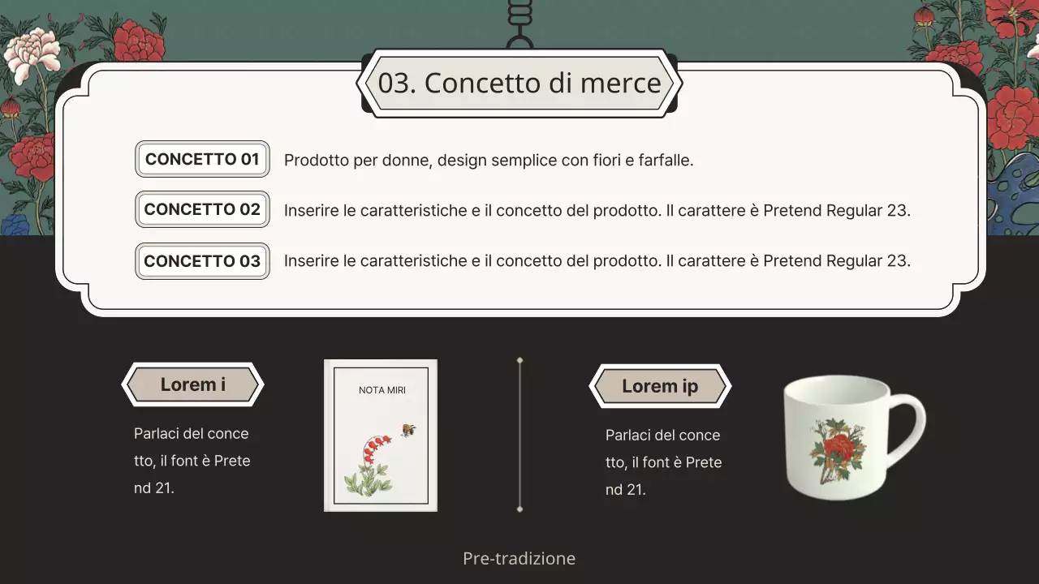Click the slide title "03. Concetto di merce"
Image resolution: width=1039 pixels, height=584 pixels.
tap(519, 83)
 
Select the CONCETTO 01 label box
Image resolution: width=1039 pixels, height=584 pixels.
tap(202, 159)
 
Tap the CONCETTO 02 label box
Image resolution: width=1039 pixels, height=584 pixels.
tap(202, 209)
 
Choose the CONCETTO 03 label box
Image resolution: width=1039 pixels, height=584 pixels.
tap(202, 261)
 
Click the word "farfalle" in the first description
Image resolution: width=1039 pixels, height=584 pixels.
tap(663, 160)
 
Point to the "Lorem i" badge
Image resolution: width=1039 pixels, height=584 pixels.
tap(192, 384)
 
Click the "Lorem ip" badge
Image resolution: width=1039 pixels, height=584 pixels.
tap(659, 386)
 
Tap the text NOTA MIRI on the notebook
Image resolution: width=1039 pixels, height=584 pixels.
tap(382, 390)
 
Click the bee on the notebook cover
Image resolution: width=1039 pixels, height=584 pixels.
tap(408, 430)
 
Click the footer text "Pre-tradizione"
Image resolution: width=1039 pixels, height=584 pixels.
tap(519, 558)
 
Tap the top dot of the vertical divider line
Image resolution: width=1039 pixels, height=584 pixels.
tap(519, 359)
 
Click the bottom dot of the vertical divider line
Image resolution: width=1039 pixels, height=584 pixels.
tap(519, 509)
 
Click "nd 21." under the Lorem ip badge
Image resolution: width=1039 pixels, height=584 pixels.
tap(625, 489)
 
